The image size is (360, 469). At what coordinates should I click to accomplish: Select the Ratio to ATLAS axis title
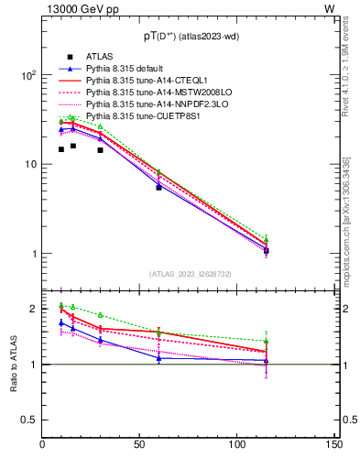pyautogui.click(x=14, y=363)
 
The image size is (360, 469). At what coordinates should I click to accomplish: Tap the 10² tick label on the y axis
pyautogui.click(x=28, y=76)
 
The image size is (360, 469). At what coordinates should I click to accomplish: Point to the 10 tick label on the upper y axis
pyautogui.click(x=28, y=165)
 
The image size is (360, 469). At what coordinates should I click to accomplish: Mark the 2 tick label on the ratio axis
pyautogui.click(x=34, y=309)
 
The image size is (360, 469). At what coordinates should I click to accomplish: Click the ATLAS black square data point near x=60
pyautogui.click(x=159, y=187)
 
